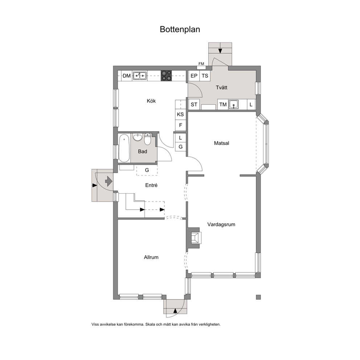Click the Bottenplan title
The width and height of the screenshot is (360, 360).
tap(180, 29)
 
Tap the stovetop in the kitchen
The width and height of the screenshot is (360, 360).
tap(166, 75)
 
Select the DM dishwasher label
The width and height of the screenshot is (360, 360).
tap(127, 76)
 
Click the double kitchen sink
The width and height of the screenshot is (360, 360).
tap(140, 75)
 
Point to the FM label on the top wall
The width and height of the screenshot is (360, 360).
tap(201, 64)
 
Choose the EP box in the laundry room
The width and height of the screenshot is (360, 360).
tap(194, 76)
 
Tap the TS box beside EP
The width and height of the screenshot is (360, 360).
tap(205, 76)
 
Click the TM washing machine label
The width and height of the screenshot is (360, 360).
tap(223, 105)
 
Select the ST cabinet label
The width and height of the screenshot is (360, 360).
tap(194, 105)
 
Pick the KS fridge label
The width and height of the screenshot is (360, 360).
tap(180, 114)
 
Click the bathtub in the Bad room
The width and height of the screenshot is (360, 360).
tap(124, 148)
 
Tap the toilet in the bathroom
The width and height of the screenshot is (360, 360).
tap(148, 139)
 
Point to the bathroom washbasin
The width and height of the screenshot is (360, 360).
tap(138, 137)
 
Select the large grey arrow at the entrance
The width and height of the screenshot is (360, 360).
tap(109, 181)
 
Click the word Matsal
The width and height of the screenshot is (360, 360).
tap(222, 143)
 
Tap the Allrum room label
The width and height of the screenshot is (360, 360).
tap(151, 257)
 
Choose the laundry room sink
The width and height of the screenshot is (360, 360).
tap(234, 105)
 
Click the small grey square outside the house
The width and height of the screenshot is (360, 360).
tap(258, 297)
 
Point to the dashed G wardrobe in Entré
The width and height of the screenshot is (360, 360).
tap(147, 170)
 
